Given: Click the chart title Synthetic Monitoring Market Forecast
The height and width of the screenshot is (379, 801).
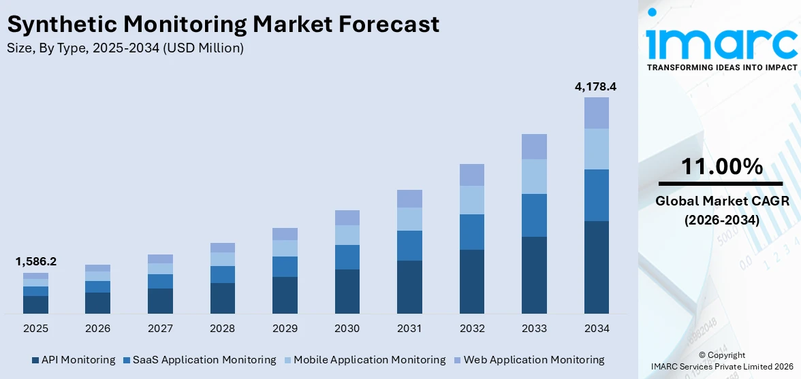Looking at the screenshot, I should coord(223,24).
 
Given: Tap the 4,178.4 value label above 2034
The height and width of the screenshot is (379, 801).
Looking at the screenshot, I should coord(596,86).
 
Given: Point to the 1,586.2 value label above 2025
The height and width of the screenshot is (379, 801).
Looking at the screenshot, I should coord(35,261).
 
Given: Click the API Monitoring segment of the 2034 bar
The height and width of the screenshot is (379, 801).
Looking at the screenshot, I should coord(596,267).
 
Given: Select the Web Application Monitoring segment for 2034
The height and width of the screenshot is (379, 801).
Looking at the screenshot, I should coord(596,113).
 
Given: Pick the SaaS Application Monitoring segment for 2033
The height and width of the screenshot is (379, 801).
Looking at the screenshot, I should coord(534,215).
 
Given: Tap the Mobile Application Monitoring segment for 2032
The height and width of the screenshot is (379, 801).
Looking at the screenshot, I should coord(471,200).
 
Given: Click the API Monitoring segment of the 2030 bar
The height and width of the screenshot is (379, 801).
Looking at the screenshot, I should coord(347,291).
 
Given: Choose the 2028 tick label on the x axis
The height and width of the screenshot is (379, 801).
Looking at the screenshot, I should coord(222,329).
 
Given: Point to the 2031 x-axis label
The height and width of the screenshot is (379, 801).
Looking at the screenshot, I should coord(409,329).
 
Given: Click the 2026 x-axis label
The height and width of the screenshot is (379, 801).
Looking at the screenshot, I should coord(97,329).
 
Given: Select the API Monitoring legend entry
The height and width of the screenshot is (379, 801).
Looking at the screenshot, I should coord(73,359).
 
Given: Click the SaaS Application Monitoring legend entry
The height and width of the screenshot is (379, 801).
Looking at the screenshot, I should coord(200,359).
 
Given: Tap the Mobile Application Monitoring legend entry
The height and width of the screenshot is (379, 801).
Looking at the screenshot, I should coord(364,359).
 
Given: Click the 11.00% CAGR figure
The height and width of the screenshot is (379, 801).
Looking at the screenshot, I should coord(721,166).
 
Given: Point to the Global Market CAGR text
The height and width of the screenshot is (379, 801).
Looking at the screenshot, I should coord(721,201).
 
